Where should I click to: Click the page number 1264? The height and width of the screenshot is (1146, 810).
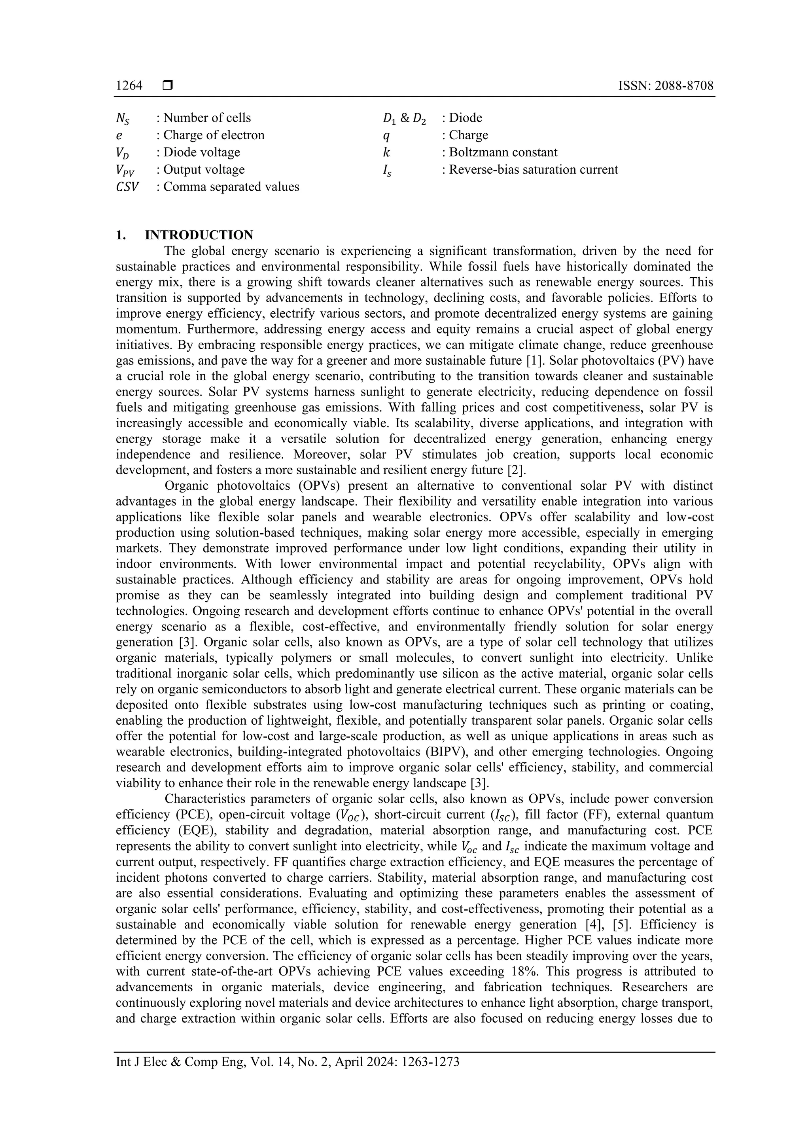point(129,86)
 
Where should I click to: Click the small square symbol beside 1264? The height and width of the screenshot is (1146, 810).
point(168,86)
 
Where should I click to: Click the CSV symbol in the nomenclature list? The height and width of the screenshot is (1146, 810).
point(127,187)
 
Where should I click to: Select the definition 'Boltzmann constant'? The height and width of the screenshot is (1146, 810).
point(503,152)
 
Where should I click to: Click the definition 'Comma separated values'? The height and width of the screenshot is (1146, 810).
point(231,187)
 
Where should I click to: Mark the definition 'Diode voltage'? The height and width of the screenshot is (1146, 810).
point(202,152)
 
